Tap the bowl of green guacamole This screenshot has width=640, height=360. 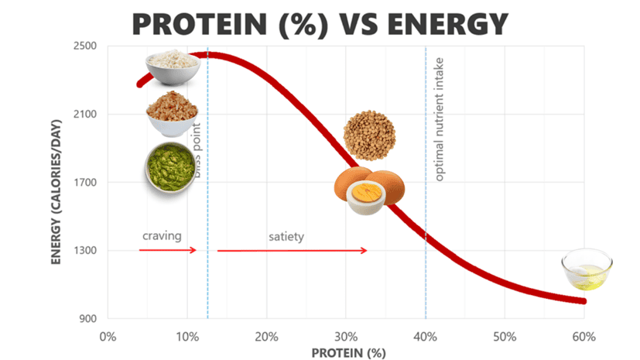tap(169, 166)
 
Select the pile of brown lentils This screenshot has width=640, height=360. tap(369, 135)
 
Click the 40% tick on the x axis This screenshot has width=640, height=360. tap(426, 337)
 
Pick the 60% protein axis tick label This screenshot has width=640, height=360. tap(584, 337)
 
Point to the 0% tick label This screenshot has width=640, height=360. tap(108, 337)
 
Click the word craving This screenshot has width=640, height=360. tap(161, 235)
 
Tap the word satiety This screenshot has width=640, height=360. tap(286, 236)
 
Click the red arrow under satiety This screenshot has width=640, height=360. tap(292, 251)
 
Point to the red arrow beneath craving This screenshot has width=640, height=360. tap(168, 250)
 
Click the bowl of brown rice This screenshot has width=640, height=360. tap(172, 115)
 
